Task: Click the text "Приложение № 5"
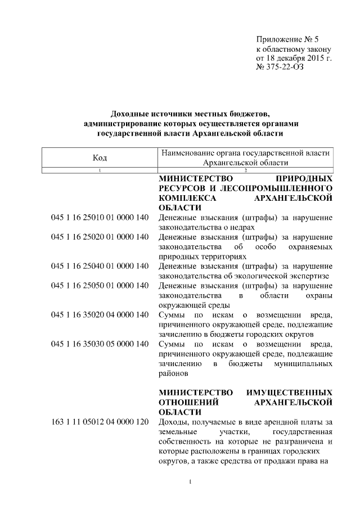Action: click(x=287, y=39)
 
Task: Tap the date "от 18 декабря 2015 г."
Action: click(x=294, y=58)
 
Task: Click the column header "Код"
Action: click(x=100, y=157)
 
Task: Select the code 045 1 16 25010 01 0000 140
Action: click(x=100, y=218)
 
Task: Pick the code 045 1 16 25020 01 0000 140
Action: click(x=100, y=237)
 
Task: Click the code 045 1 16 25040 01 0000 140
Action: click(x=100, y=266)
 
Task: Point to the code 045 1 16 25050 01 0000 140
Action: click(x=100, y=286)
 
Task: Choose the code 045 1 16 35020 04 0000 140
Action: click(x=100, y=314)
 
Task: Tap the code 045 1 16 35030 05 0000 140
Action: click(x=100, y=344)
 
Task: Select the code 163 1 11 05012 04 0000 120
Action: click(x=100, y=422)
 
